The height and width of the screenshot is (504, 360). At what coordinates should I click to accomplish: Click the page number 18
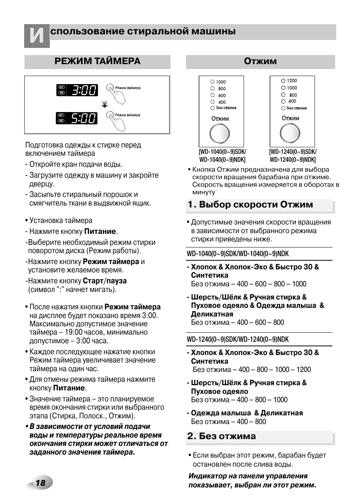40,483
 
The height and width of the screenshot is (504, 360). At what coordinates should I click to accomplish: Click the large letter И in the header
37,36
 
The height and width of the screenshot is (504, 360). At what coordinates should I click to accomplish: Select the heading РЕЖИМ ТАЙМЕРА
97,61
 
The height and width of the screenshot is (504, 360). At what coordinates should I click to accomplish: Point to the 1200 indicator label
292,81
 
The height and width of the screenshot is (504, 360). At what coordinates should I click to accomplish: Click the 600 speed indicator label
222,95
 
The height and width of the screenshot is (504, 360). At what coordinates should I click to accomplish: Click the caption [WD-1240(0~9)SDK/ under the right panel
293,152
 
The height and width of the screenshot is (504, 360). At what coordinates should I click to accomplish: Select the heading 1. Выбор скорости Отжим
251,205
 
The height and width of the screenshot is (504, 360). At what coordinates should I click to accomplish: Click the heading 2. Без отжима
222,436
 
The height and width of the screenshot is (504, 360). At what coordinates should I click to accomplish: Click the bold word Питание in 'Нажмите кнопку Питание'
100,232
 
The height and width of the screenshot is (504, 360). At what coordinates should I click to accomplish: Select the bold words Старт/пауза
105,281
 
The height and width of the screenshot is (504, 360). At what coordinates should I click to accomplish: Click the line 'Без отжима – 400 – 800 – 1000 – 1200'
251,370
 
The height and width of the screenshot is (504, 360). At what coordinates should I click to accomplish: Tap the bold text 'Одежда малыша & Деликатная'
247,413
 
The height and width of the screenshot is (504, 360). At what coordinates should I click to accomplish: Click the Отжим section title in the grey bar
260,61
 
